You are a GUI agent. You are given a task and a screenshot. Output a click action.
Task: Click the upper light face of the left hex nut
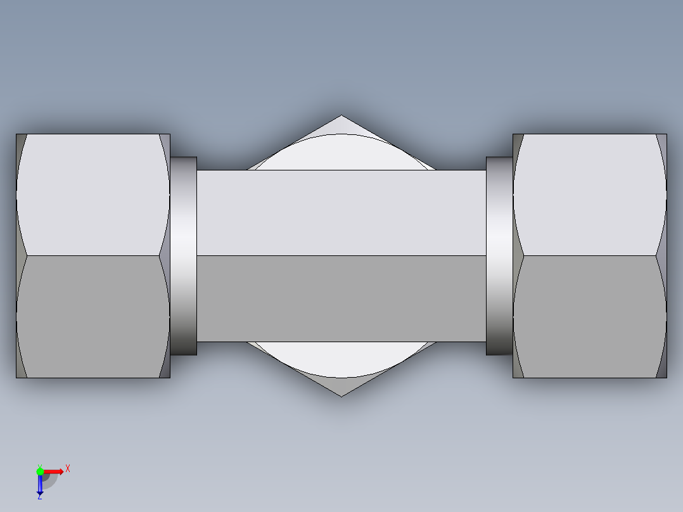coord(93,194)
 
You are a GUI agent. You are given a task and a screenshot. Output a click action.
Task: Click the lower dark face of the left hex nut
coord(93,317)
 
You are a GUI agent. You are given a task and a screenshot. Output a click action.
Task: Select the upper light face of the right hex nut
coord(589,194)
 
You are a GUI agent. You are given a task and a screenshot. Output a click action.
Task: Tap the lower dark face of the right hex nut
coord(589,317)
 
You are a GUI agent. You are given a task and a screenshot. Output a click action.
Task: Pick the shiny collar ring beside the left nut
coord(184,256)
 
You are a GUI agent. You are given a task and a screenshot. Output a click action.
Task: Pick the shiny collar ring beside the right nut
coord(499,256)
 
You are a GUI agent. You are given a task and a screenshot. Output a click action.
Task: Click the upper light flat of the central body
coord(341,213)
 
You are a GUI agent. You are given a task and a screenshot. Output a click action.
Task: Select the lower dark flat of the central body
coord(341,298)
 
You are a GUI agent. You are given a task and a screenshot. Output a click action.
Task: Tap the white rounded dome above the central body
coord(341,153)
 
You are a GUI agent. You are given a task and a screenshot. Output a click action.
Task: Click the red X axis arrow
coord(55,471)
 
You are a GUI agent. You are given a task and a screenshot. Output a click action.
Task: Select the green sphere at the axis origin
coord(40,471)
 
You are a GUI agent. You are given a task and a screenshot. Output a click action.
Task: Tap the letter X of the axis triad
coord(67,468)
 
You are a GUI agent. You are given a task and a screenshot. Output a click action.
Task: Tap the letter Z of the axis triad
coord(39,497)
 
